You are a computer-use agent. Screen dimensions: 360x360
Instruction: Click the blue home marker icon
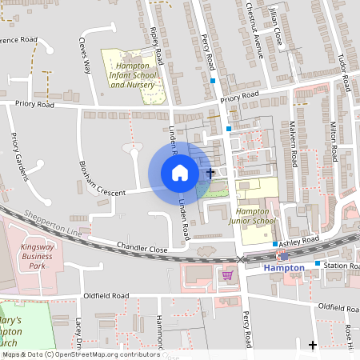pos(180,172)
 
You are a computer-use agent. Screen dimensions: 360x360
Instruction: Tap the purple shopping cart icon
pos(227,275)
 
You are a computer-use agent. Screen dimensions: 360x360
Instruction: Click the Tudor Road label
pos(343,71)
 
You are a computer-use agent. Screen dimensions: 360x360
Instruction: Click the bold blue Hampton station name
pos(284,269)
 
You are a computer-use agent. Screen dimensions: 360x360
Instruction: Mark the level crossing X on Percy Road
pos(242,259)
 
